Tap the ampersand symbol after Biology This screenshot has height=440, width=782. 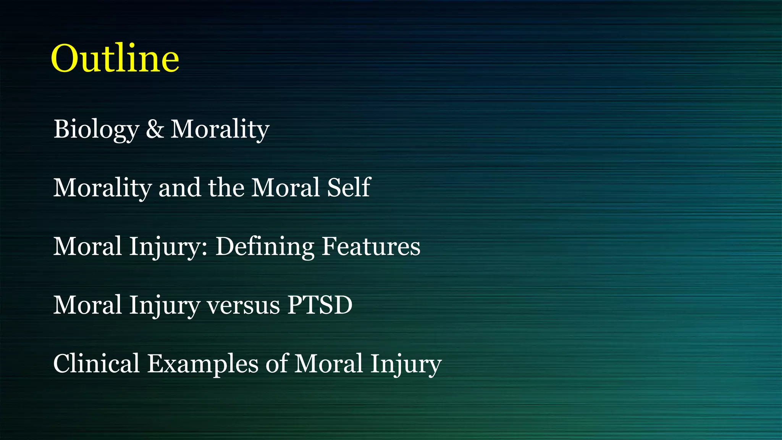pyautogui.click(x=155, y=129)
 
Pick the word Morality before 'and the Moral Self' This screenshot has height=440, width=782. pyautogui.click(x=102, y=188)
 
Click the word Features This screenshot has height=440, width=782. pyautogui.click(x=371, y=246)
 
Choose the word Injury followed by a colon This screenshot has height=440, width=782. pyautogui.click(x=168, y=247)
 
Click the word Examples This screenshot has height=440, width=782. pyautogui.click(x=203, y=364)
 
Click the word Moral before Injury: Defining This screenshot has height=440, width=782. pyautogui.click(x=87, y=246)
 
